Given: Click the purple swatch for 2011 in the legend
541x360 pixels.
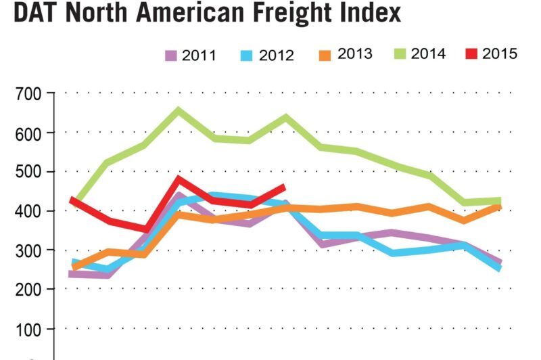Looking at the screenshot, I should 172,54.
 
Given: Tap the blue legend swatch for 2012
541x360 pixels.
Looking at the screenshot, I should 249,54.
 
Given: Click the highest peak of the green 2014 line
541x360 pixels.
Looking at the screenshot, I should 179,110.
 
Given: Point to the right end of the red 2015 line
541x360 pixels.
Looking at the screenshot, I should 283,186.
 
